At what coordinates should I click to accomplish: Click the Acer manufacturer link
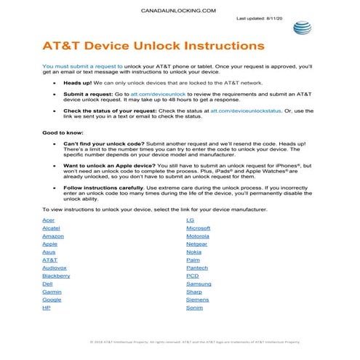49,220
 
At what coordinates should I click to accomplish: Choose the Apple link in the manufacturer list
50,244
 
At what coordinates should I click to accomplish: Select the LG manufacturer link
190,220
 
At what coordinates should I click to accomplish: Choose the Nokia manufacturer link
194,252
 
